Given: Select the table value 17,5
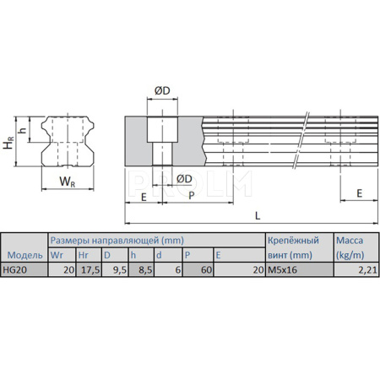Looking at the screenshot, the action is click(90, 269).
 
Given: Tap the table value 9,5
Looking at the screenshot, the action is click(120, 269).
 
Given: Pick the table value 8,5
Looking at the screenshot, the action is click(145, 269).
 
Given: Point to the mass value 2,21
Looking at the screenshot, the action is click(367, 269).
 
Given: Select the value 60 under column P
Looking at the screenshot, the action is click(206, 269).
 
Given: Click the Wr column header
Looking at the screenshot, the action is click(57, 255).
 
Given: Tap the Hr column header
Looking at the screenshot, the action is click(83, 255).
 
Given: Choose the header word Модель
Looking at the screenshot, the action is click(24, 255).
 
